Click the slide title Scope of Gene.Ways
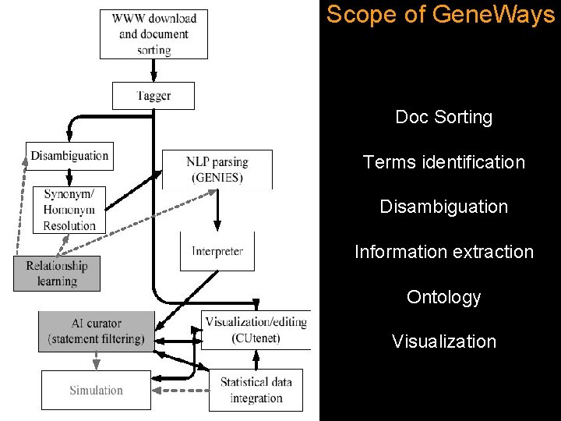click(440, 15)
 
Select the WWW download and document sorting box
click(153, 34)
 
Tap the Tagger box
click(153, 96)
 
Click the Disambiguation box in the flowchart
click(69, 156)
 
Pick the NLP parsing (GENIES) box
click(217, 169)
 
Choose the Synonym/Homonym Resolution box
click(69, 210)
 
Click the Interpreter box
click(217, 251)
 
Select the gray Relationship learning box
click(57, 273)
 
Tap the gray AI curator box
click(97, 331)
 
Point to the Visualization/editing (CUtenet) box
click(257, 330)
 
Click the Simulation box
click(96, 390)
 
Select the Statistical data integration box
click(256, 390)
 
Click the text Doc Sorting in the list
click(443, 118)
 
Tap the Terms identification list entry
click(443, 162)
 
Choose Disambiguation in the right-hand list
click(443, 207)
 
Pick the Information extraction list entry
click(443, 252)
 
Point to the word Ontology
click(443, 297)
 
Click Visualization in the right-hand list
click(443, 341)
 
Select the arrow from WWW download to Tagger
click(153, 70)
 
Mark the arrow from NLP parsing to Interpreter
click(217, 210)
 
